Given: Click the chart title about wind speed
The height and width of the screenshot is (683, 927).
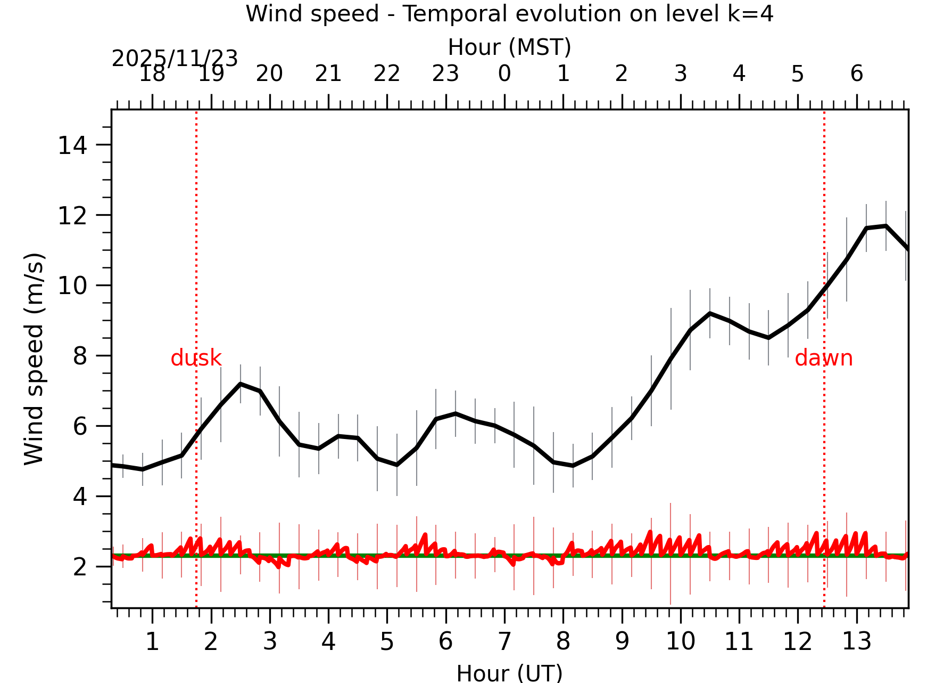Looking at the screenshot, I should click(509, 14).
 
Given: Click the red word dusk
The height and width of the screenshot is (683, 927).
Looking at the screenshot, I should click(196, 358).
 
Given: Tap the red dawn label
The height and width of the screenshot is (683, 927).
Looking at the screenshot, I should click(823, 358).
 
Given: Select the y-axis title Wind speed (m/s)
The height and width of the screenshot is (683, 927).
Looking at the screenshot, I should click(34, 359).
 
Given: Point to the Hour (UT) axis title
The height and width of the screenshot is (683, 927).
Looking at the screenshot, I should click(509, 673).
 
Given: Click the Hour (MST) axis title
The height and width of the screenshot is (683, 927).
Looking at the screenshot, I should click(509, 47).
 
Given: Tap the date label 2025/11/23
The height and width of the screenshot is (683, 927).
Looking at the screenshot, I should click(175, 59).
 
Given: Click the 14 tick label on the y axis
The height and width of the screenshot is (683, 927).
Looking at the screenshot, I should click(72, 145).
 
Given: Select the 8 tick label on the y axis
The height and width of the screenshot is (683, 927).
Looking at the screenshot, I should click(80, 356).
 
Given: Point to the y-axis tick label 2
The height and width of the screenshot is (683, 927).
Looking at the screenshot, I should click(80, 567).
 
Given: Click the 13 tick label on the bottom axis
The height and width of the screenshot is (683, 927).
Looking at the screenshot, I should click(856, 641).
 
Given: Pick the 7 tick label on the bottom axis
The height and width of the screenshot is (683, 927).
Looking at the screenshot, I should click(504, 641).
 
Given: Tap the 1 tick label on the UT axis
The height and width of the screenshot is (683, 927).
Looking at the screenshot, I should click(152, 641).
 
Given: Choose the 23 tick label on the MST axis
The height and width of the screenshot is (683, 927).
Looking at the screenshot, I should click(445, 74).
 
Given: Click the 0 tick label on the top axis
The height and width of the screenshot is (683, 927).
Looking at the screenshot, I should click(504, 74).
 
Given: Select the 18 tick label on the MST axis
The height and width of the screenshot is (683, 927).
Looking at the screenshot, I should click(152, 74).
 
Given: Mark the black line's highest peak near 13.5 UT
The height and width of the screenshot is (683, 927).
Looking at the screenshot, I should click(885, 226).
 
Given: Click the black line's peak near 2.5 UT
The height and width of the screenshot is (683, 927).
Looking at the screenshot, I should click(241, 384).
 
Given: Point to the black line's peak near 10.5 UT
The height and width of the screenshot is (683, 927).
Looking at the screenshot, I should click(710, 313).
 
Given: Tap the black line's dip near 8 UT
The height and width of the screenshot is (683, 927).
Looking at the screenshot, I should click(573, 466).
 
